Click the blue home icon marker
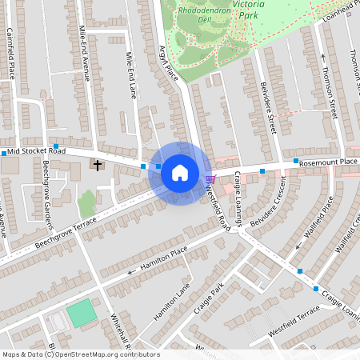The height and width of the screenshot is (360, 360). click(180, 173)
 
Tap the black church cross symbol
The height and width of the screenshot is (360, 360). click(98, 166)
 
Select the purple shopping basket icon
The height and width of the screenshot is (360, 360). click(210, 178)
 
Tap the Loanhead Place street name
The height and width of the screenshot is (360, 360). click(341, 10)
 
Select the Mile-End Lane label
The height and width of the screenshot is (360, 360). click(132, 75)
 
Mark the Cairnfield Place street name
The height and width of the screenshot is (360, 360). click(11, 54)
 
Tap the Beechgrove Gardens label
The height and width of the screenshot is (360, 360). click(47, 184)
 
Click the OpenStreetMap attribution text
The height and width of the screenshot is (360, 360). click(80, 354)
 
